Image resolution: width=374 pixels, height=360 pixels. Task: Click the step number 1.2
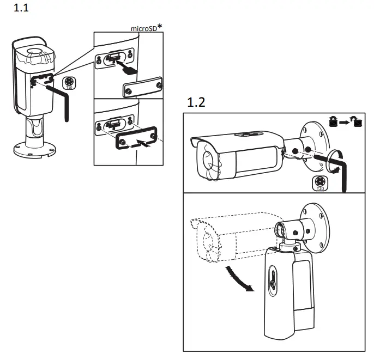point(196,102)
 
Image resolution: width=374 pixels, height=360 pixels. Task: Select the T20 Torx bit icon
point(321,182)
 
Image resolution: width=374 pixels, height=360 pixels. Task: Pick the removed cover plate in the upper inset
point(142,88)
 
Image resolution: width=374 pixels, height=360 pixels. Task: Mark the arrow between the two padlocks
point(345,123)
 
